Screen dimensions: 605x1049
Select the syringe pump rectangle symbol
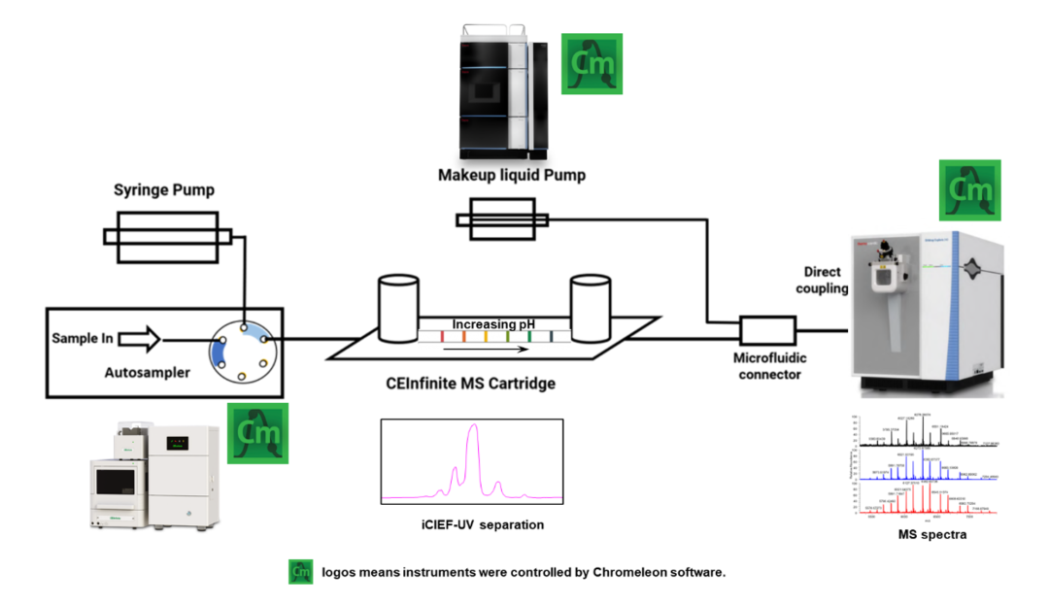[x=168, y=238]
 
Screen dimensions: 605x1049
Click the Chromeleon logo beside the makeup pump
[x=592, y=64]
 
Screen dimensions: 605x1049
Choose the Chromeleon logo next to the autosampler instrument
[x=256, y=433]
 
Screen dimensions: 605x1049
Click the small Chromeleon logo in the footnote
[x=300, y=572]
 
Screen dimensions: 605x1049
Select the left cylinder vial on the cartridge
[x=397, y=308]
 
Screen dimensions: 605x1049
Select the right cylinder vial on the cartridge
[x=592, y=308]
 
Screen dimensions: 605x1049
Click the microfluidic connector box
[x=767, y=331]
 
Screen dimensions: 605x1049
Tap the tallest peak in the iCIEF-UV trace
[x=473, y=427]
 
